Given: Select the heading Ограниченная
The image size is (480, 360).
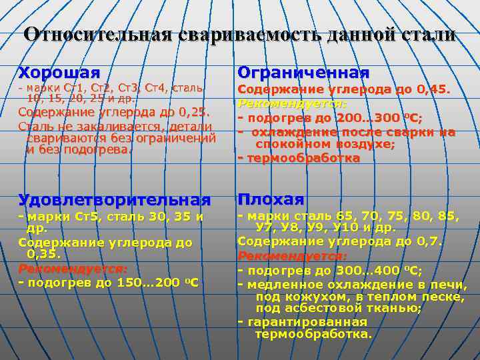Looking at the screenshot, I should (303, 72).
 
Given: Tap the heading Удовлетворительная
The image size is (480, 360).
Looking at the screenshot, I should (114, 199).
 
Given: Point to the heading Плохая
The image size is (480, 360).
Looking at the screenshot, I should (271, 199).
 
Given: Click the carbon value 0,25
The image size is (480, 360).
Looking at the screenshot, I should (189, 112).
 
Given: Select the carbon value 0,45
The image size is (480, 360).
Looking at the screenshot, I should (434, 89).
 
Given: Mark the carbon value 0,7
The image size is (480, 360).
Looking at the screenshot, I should (427, 241).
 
